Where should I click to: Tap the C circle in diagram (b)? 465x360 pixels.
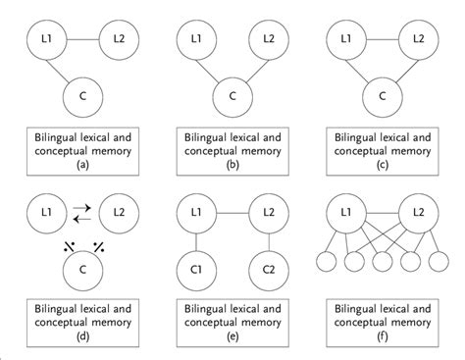tap(232, 96)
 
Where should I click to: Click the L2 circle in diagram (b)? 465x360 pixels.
tap(269, 41)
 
